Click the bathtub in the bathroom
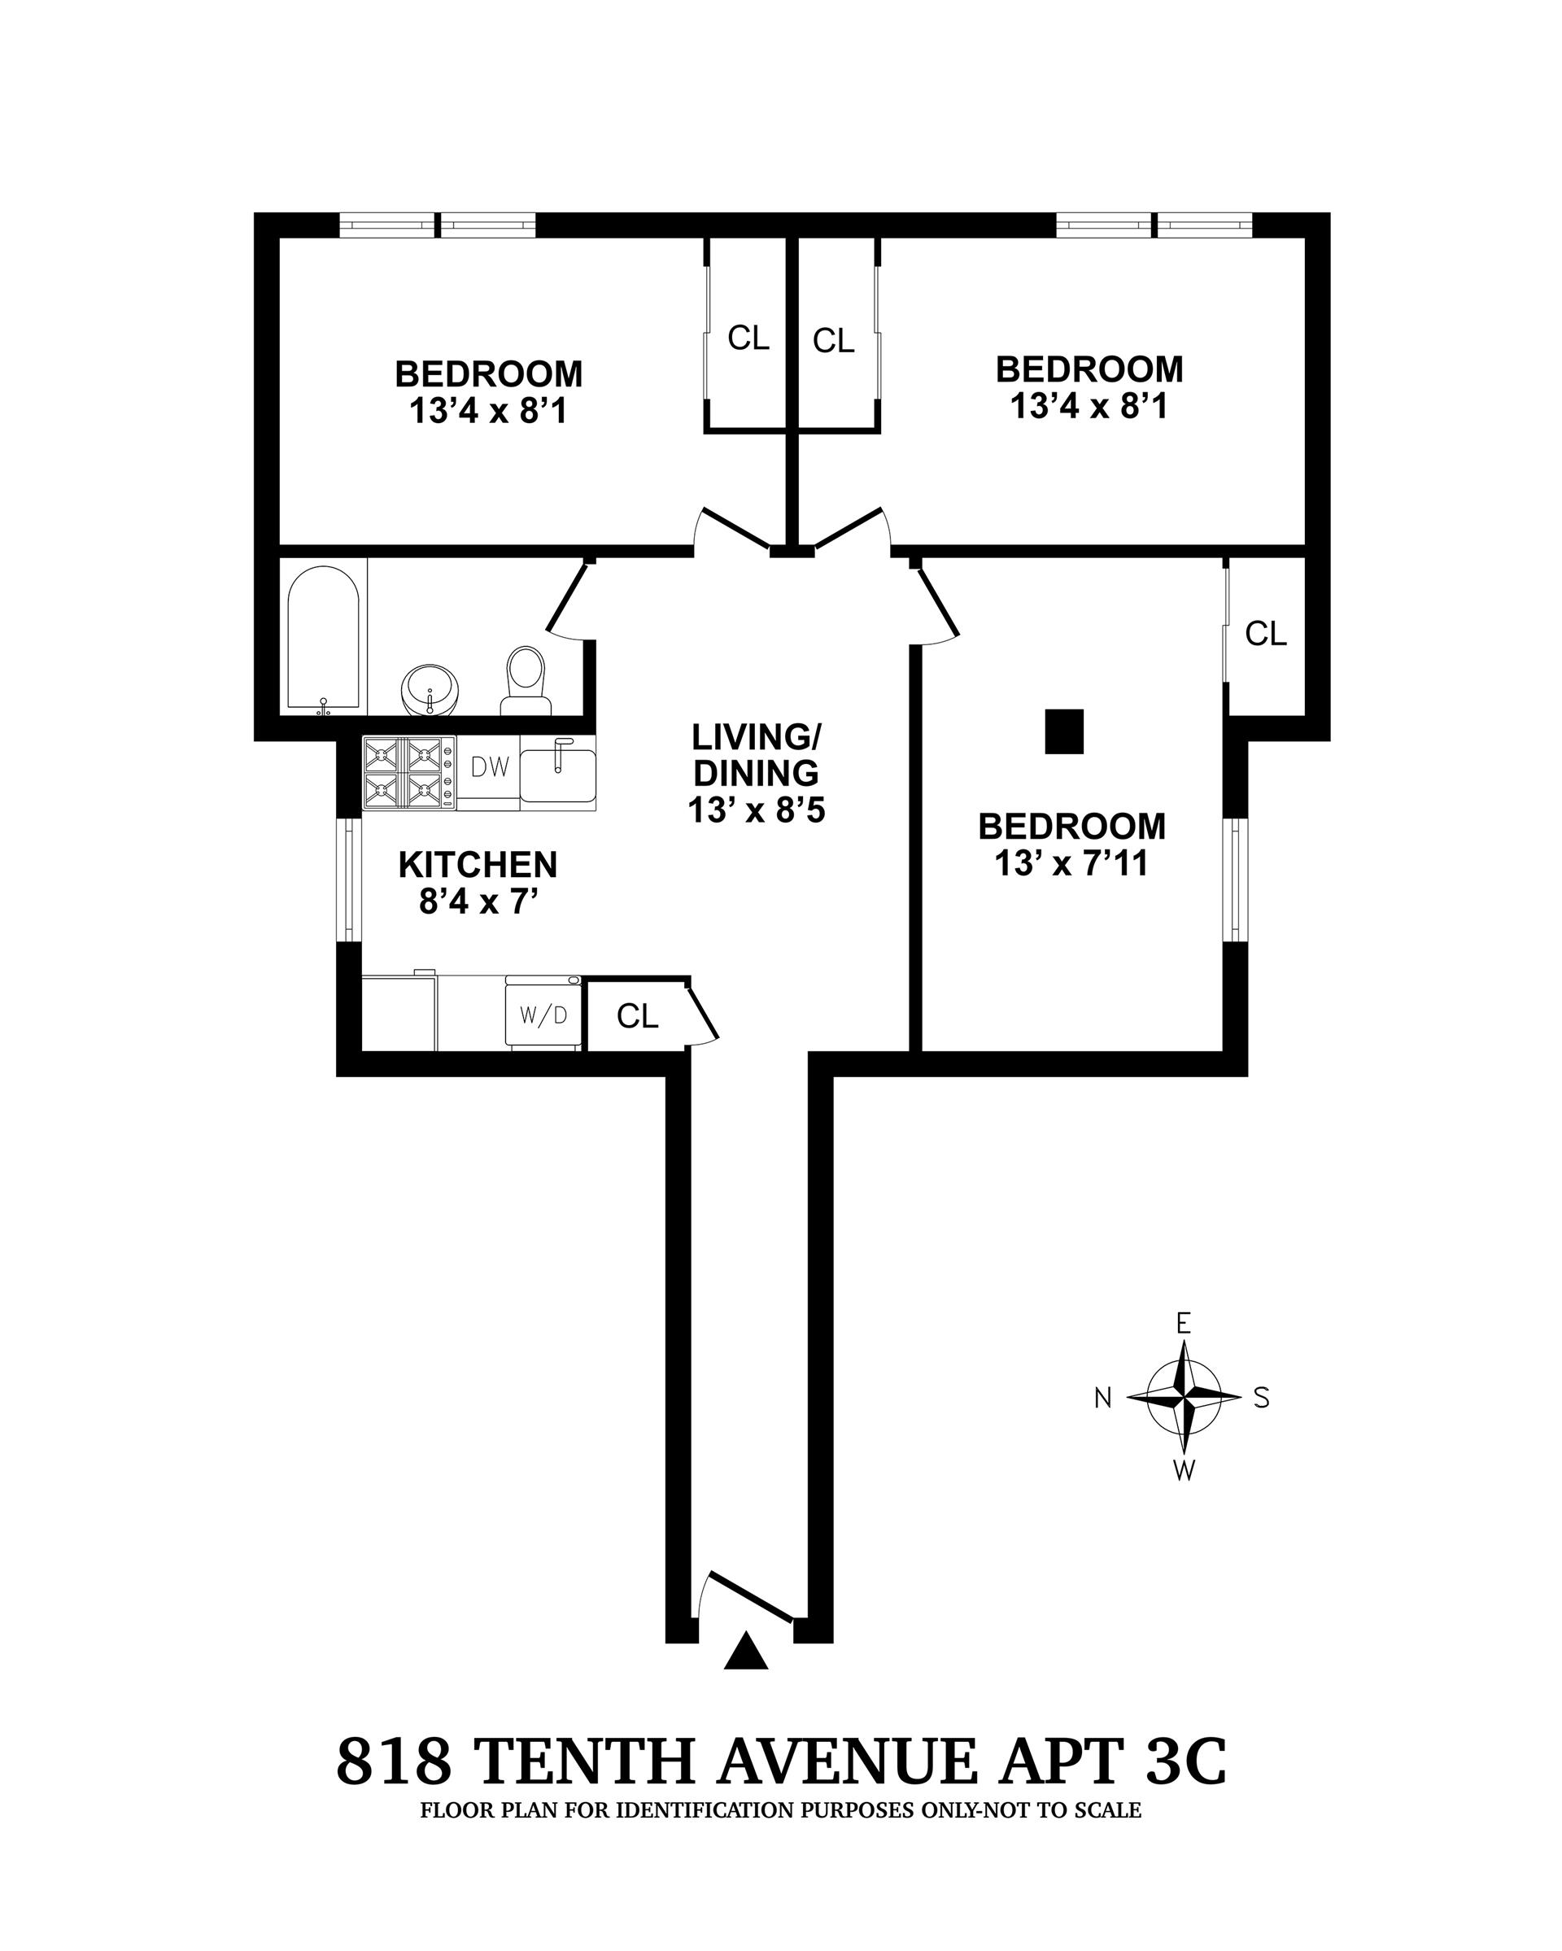[x=323, y=636]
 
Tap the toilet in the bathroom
[x=526, y=680]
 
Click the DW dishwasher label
[x=490, y=767]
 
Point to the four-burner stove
[x=408, y=772]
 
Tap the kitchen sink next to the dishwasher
[x=557, y=773]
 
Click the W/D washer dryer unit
[x=543, y=1015]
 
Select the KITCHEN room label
[x=478, y=865]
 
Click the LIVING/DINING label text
[x=756, y=755]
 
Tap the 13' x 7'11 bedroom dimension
[x=1071, y=864]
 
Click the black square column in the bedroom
[x=1063, y=731]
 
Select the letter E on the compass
[x=1183, y=1324]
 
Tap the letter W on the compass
[x=1184, y=1470]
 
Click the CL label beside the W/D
[x=637, y=1016]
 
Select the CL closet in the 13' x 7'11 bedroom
[x=1265, y=634]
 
